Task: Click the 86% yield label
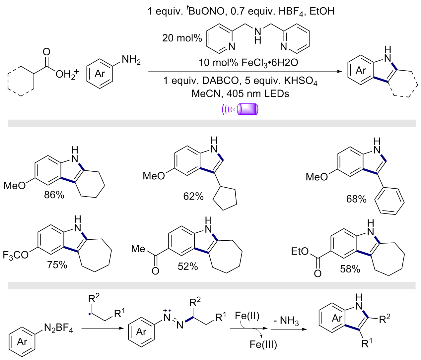pos(54,195)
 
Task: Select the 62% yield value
pos(193,196)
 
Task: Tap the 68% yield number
pos(356,199)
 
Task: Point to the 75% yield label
pos(57,265)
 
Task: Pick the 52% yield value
pos(188,267)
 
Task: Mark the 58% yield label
pos(350,269)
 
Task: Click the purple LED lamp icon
pos(240,109)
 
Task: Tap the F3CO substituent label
pos(16,255)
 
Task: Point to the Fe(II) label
pos(247,316)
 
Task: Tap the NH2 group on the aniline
pos(131,60)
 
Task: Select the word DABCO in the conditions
pos(220,81)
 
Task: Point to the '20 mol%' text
pos(182,38)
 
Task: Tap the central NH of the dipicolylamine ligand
pos(258,36)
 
